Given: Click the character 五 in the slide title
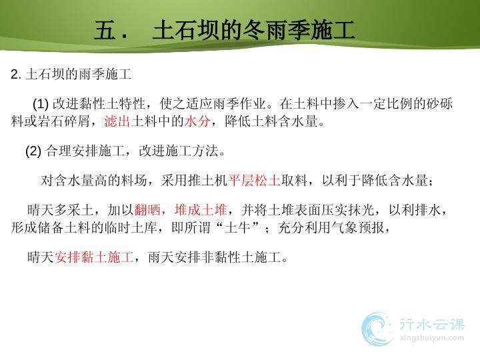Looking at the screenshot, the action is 105,30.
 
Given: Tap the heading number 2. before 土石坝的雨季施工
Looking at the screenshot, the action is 16,75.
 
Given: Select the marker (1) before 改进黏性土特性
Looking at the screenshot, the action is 41,104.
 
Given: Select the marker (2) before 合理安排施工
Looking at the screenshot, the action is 33,151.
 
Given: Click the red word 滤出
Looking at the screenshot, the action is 117,121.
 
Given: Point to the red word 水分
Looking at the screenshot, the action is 197,121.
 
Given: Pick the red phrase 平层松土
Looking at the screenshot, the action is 254,181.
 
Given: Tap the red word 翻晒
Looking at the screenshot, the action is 147,210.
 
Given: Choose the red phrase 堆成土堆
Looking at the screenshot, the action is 201,210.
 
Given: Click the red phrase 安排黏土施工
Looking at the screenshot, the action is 94,257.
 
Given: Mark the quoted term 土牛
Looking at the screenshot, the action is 237,227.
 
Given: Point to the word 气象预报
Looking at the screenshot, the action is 358,227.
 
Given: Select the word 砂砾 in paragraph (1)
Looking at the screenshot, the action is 439,104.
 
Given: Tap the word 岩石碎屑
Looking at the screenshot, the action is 64,121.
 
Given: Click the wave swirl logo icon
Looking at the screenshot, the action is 377,329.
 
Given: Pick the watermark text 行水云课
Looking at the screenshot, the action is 432,325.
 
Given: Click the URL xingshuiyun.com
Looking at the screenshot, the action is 432,338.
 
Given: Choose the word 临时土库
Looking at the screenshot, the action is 131,227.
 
